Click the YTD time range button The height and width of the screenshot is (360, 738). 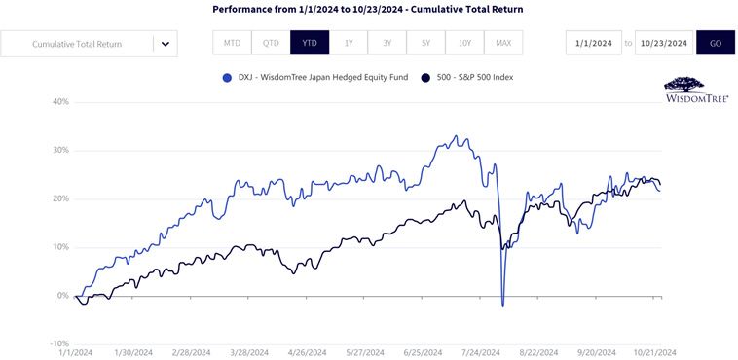point(310,43)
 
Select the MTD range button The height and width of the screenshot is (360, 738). point(232,43)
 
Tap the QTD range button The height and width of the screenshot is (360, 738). point(271,43)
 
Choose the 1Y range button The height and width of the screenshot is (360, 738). point(349,43)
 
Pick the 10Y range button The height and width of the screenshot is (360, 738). point(464,43)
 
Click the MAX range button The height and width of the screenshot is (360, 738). point(503,43)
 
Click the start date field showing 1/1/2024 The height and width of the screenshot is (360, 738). point(594,43)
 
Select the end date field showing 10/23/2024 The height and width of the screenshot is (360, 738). point(664,43)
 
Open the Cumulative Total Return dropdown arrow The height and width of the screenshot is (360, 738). point(166,44)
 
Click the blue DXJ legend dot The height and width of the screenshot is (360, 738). point(228,78)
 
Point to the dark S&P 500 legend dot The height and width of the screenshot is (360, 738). point(426,78)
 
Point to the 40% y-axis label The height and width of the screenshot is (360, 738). point(62,102)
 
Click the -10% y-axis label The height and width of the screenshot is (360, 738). point(61,344)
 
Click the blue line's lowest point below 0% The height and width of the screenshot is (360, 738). point(503,306)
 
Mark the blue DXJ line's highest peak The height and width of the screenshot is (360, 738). point(455,136)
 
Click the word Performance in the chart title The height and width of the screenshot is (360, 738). point(238,9)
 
